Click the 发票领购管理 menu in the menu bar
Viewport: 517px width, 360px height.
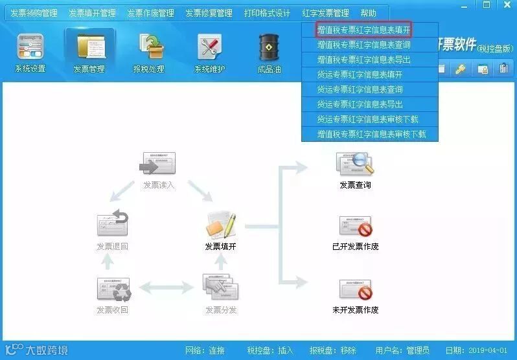[34, 13]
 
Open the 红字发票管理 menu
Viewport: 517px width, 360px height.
[325, 13]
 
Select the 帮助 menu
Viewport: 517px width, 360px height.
[368, 13]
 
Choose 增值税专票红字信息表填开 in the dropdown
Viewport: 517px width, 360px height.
[363, 30]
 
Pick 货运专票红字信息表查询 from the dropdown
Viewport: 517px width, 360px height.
[360, 89]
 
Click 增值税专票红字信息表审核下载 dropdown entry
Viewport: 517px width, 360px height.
[371, 134]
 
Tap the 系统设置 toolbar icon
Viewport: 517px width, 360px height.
[30, 49]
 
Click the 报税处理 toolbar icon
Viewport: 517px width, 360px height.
[149, 49]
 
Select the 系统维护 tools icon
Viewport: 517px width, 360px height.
[210, 49]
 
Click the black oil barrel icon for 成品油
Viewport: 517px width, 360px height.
[269, 47]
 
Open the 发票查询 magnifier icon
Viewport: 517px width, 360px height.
[355, 164]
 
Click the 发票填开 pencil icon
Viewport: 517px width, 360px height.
[220, 225]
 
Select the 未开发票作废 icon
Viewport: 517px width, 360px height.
[355, 289]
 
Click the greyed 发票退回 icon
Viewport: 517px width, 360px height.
[113, 224]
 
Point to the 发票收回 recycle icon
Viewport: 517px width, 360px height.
[113, 289]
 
